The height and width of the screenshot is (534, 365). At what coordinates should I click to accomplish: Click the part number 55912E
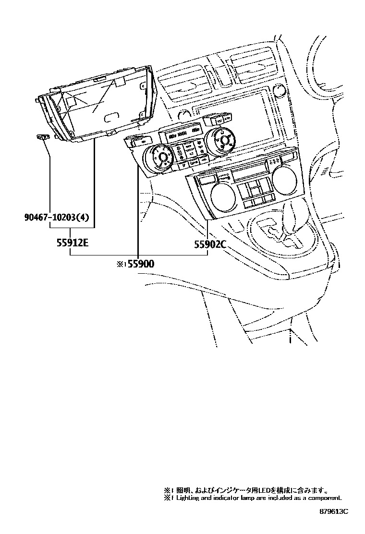(x=71, y=243)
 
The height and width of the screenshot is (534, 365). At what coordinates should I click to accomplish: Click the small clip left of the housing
(x=44, y=138)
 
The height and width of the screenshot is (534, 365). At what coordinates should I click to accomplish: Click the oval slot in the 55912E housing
(x=111, y=117)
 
